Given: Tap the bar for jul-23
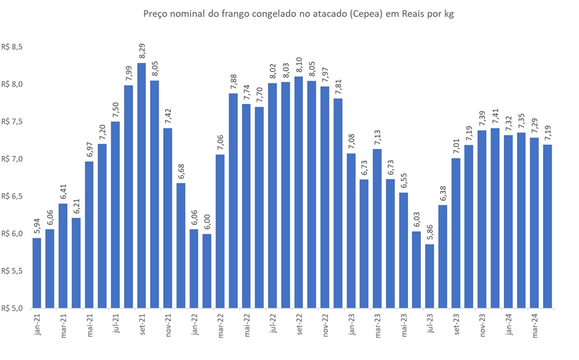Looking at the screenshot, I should point(431,276).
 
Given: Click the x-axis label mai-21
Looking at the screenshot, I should point(90,322).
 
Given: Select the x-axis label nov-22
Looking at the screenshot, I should point(326,322).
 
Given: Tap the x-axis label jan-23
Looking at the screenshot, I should point(352,322).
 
